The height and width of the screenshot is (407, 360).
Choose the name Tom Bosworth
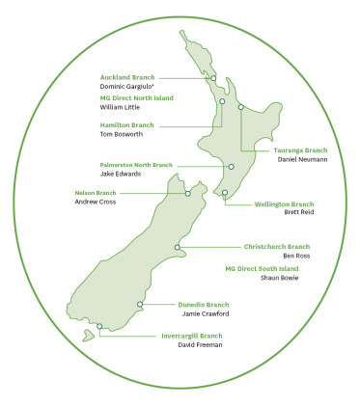[123, 134]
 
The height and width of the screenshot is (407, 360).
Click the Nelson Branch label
[96, 193]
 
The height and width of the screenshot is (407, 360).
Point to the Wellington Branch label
[284, 204]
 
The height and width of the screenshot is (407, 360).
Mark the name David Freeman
[200, 344]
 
